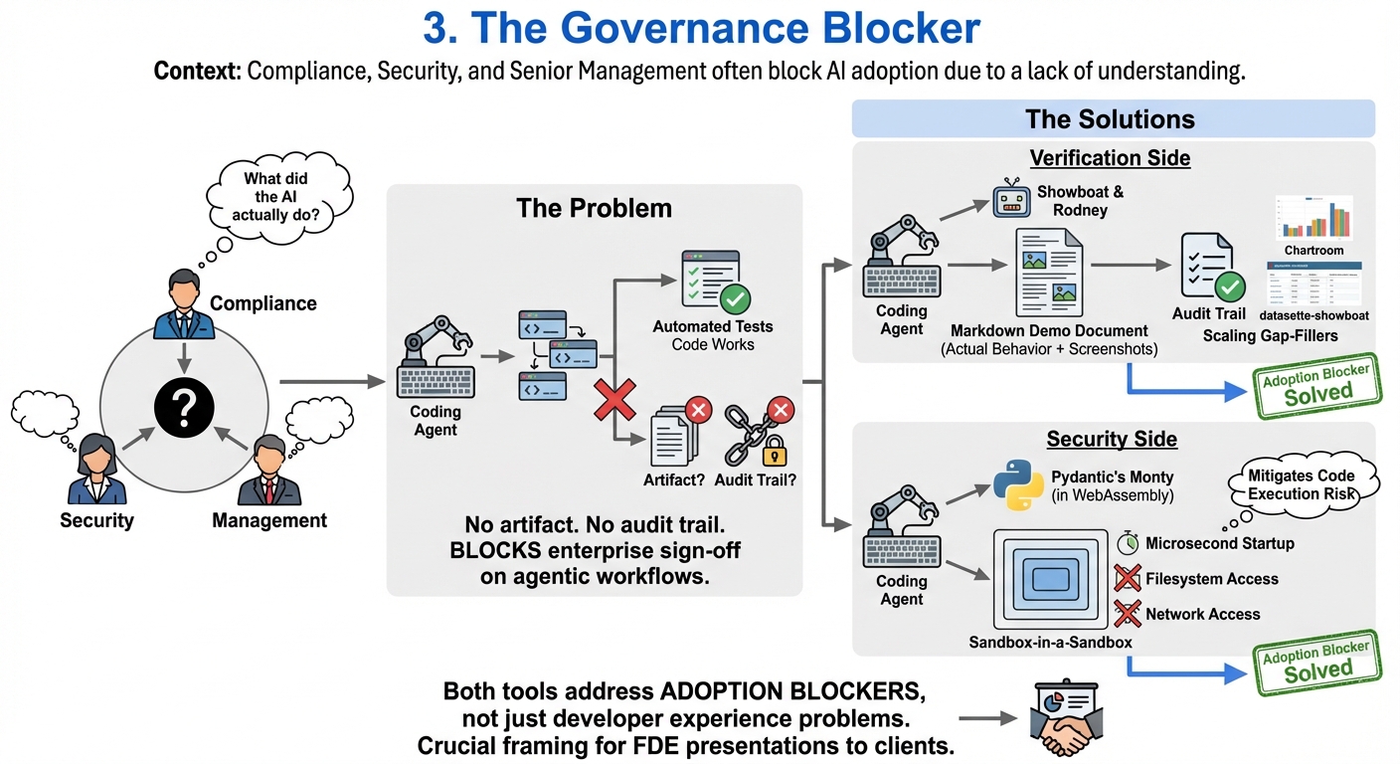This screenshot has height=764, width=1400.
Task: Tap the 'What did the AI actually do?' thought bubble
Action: tap(275, 194)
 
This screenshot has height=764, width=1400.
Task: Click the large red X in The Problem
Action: tap(615, 401)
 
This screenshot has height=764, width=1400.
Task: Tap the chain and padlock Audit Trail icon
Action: tap(759, 435)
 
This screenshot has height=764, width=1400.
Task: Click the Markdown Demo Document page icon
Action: tap(1048, 273)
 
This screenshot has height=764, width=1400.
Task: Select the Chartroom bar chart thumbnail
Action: tap(1313, 218)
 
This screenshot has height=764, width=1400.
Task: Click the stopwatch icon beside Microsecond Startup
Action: tap(1127, 543)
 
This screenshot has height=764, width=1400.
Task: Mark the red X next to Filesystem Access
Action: tap(1127, 579)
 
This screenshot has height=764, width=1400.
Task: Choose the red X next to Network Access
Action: tap(1127, 614)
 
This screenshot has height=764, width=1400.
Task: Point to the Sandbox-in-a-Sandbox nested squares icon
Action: tap(1048, 579)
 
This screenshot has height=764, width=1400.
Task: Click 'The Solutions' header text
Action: tap(1110, 119)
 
